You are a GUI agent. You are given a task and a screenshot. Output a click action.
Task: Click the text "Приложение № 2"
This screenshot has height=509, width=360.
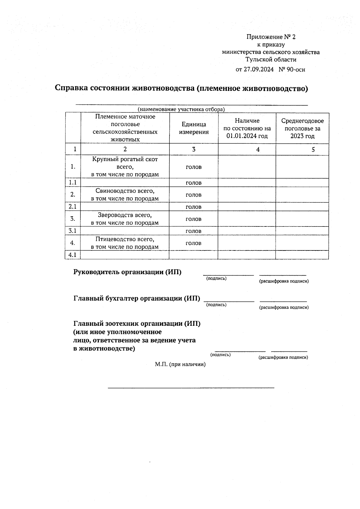coord(271,37)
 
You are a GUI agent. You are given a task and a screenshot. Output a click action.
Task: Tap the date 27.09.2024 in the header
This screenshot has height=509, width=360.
coord(258,70)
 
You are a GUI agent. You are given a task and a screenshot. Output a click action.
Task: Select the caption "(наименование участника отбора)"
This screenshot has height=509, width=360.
coord(181,109)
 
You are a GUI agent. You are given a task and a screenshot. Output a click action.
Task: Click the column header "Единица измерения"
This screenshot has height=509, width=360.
coord(194,128)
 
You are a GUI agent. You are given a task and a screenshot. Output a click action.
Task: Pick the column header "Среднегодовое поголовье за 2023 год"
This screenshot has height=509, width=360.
coord(302,128)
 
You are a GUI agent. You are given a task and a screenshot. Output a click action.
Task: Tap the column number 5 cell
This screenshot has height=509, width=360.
coord(313,149)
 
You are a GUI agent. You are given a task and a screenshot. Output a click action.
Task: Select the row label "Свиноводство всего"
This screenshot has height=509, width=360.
coord(125,191)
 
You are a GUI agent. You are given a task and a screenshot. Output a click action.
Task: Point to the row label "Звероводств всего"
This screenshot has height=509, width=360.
coord(125,215)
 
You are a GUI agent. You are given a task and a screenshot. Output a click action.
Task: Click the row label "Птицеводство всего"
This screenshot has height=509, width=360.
coord(125,239)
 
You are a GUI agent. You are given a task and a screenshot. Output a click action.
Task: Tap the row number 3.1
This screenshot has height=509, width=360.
coord(73,231)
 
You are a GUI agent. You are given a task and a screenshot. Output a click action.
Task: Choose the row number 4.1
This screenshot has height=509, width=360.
coord(73,255)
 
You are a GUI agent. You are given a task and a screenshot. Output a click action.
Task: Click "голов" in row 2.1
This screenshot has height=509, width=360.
coord(193,207)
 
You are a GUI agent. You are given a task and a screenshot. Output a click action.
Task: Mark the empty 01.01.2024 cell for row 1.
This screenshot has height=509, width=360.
coord(247,167)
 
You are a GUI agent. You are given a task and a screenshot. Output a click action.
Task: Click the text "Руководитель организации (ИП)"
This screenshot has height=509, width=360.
coord(127,272)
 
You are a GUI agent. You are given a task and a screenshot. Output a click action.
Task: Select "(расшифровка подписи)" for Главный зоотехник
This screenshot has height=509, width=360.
coord(283,357)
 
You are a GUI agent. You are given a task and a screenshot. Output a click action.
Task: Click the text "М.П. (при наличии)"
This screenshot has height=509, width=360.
coord(180,364)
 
